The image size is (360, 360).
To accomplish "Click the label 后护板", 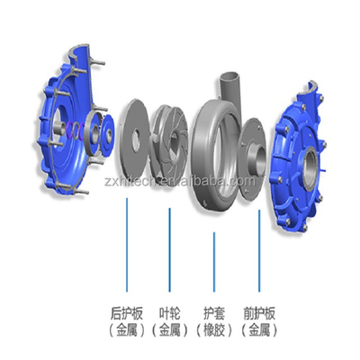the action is pyautogui.click(x=127, y=313).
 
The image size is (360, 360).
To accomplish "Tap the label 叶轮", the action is pyautogui.click(x=169, y=313).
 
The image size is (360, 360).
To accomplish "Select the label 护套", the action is pyautogui.click(x=214, y=313).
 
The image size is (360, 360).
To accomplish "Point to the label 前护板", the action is pyautogui.click(x=259, y=313).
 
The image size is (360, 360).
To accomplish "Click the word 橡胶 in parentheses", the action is pyautogui.click(x=214, y=331).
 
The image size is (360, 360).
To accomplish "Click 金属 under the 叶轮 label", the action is pyautogui.click(x=169, y=331).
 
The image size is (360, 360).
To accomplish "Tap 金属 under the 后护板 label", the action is pyautogui.click(x=127, y=331).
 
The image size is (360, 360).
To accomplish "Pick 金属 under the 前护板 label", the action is pyautogui.click(x=259, y=331).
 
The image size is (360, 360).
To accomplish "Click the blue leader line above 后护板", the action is pyautogui.click(x=127, y=245).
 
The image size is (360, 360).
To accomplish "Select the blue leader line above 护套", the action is pyautogui.click(x=214, y=262).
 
